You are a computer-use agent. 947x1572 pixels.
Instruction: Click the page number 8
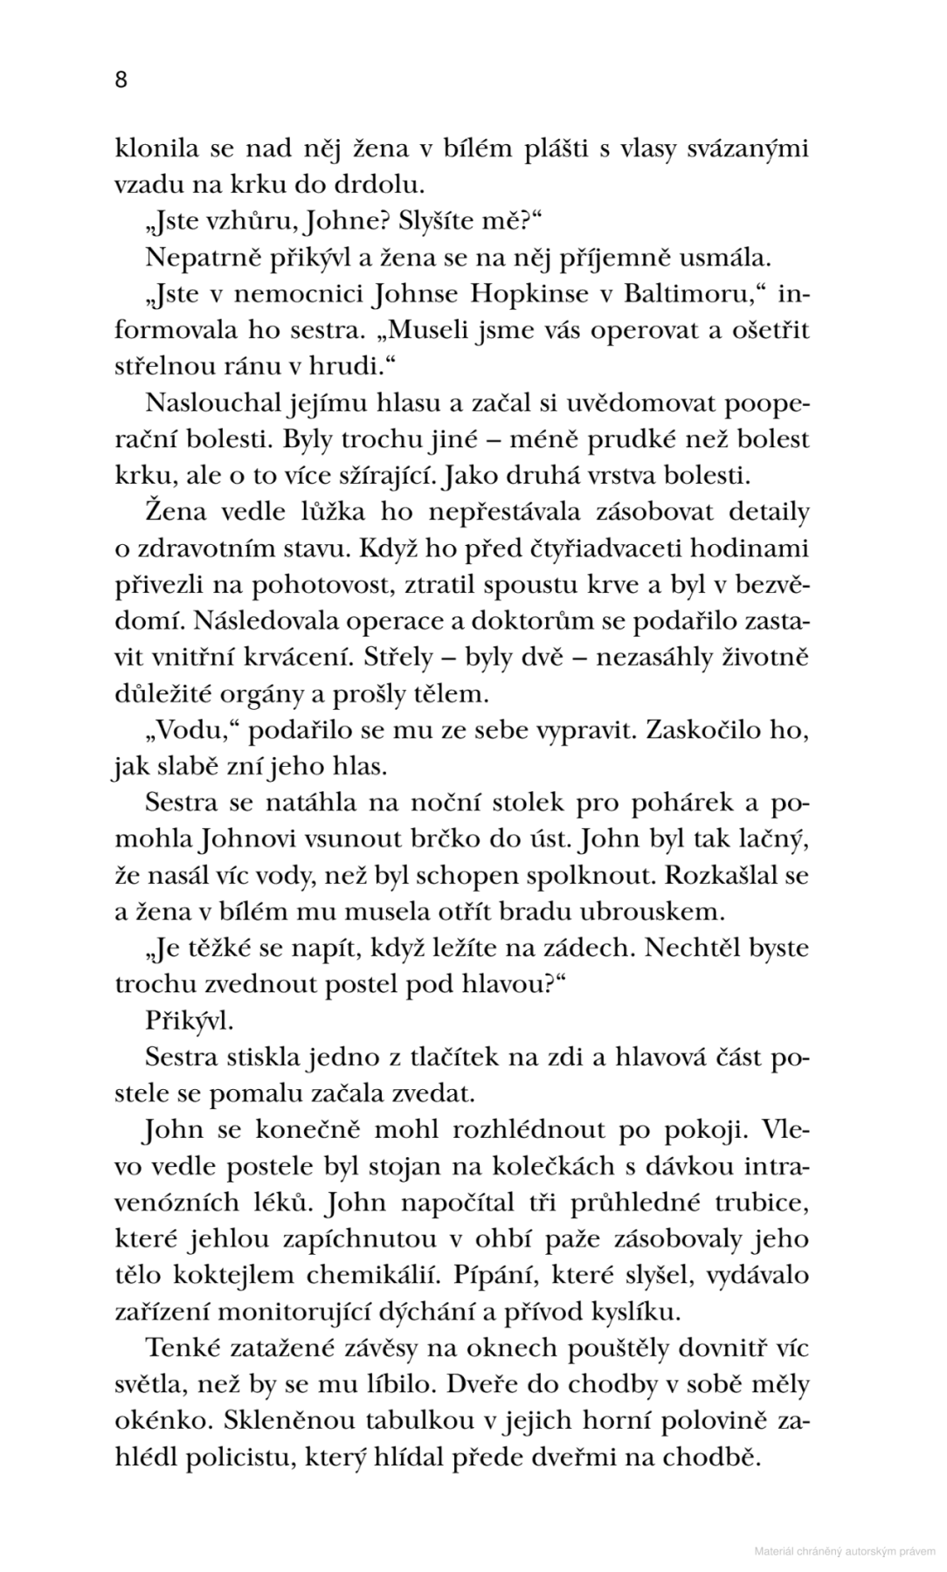(x=121, y=80)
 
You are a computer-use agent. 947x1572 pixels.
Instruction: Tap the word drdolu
(x=384, y=186)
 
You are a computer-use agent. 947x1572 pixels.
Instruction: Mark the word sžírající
(x=383, y=477)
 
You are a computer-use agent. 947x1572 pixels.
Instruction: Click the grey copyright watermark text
(x=844, y=1551)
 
